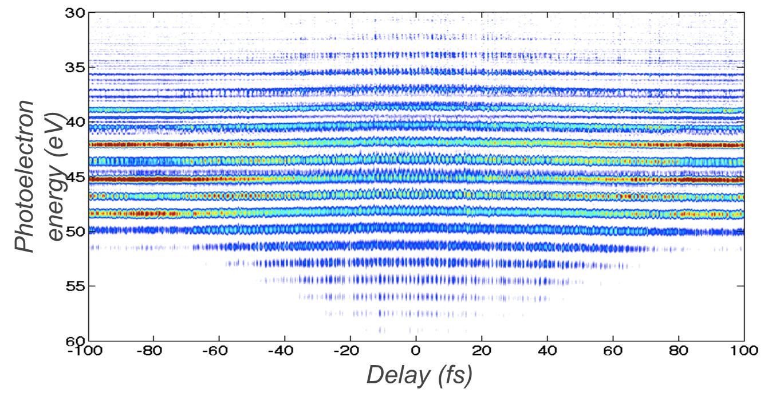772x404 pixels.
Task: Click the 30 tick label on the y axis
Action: tap(75, 13)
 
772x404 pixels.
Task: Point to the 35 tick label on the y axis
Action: tap(75, 67)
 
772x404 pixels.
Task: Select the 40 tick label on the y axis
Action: tap(75, 122)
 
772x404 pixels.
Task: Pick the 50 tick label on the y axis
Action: tap(75, 232)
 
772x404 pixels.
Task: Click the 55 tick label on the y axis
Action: tap(75, 286)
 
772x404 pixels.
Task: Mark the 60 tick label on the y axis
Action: tap(75, 340)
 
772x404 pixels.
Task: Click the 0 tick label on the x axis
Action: tap(417, 350)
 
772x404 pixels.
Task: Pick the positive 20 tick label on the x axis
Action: tap(482, 350)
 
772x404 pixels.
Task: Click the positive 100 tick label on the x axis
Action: tap(744, 350)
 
